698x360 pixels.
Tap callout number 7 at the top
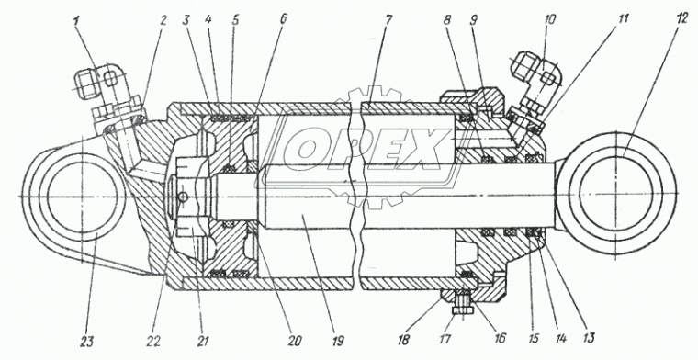[x=386, y=19]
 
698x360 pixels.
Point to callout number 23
[x=87, y=342]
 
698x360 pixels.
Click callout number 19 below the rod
[x=337, y=342]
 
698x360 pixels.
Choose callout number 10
[x=549, y=21]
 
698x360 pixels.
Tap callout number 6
[x=283, y=19]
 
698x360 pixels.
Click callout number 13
[x=588, y=338]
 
